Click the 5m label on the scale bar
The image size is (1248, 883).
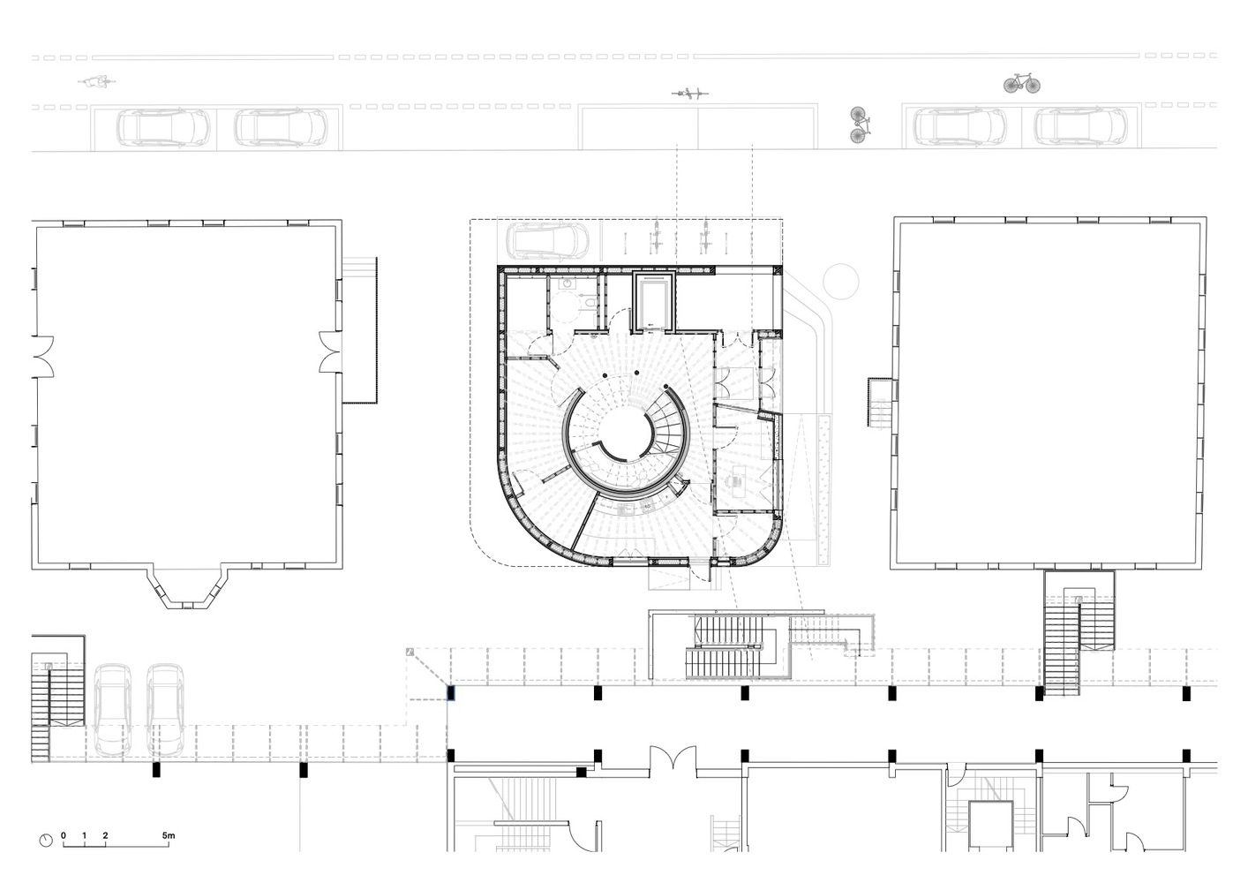169,835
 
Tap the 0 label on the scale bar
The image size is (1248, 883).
64,835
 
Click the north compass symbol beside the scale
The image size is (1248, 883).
46,840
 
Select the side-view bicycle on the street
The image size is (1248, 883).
1022,83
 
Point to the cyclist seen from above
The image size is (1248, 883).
97,82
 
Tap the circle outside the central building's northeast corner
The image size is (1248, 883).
841,281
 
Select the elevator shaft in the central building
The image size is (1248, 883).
655,302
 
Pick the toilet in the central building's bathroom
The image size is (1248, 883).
590,303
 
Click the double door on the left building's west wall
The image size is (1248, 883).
43,356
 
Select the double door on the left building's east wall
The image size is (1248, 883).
329,351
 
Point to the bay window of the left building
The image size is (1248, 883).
186,587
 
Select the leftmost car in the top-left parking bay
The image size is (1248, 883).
163,128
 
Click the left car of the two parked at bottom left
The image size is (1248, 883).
113,710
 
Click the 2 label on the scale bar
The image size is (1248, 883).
105,835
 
